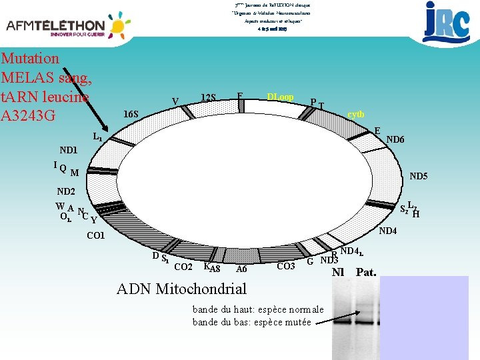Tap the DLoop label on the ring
280,97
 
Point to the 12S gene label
209,98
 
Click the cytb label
355,114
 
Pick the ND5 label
419,177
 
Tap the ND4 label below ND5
387,231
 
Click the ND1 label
68,150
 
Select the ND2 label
66,192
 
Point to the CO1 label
97,236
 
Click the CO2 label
183,267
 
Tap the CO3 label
285,267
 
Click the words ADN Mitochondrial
181,289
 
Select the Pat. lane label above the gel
366,272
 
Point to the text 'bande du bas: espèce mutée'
251,322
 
